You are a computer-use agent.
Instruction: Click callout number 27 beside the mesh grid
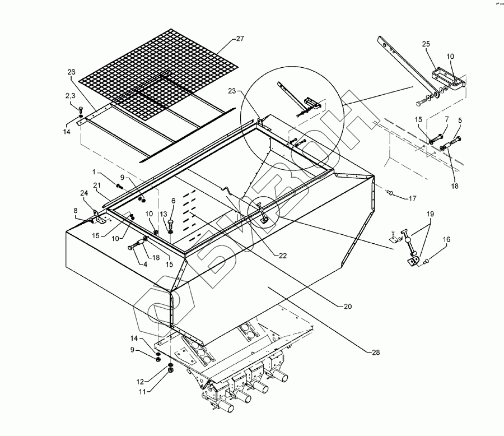(240, 39)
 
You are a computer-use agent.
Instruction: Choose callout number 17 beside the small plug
(412, 198)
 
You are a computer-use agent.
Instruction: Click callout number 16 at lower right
(447, 239)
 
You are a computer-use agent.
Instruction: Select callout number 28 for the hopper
(374, 352)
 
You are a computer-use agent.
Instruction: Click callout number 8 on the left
(76, 211)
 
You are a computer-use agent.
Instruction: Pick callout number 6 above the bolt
(173, 200)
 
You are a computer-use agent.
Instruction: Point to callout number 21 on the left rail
(96, 186)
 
